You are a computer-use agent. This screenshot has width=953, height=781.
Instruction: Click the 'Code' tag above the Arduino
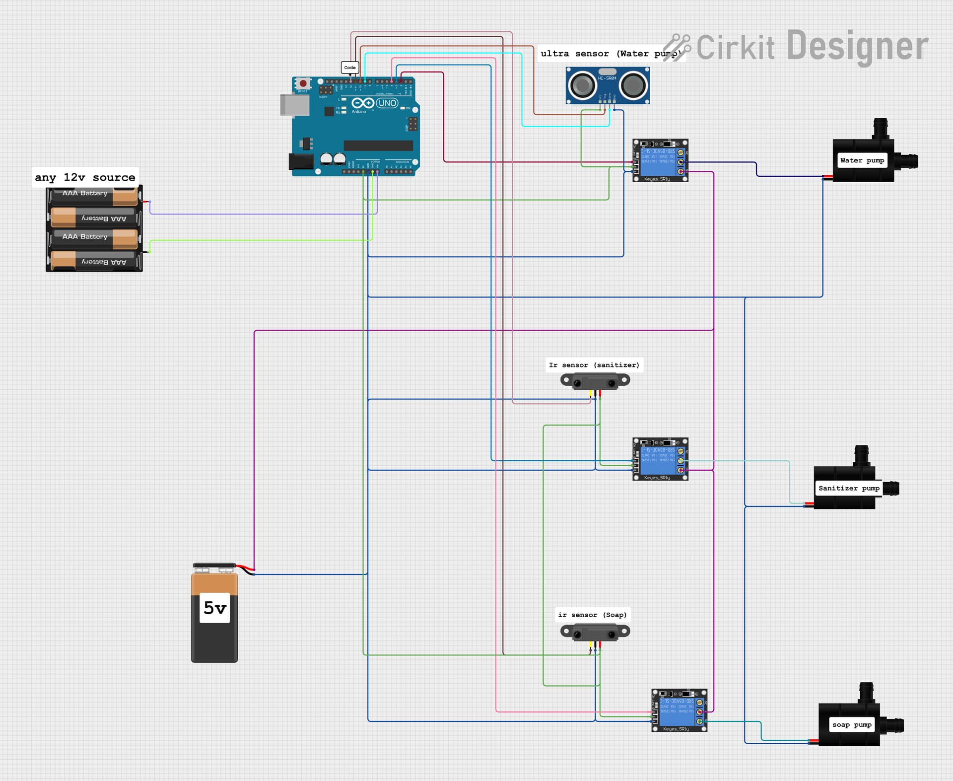pyautogui.click(x=350, y=68)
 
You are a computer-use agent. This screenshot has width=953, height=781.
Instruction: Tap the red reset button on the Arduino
pyautogui.click(x=303, y=83)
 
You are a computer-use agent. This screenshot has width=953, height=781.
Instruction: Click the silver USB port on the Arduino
pyautogui.click(x=294, y=105)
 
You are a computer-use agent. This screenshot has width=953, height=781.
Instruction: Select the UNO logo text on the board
pyautogui.click(x=387, y=103)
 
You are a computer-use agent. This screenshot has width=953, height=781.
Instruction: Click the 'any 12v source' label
pyautogui.click(x=85, y=177)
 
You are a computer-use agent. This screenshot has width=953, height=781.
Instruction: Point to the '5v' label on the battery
pyautogui.click(x=215, y=608)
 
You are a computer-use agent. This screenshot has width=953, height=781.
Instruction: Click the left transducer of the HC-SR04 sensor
pyautogui.click(x=582, y=86)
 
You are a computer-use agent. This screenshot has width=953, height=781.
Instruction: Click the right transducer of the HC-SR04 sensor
pyautogui.click(x=633, y=86)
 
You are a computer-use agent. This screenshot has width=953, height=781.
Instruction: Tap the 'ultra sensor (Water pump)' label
pyautogui.click(x=611, y=54)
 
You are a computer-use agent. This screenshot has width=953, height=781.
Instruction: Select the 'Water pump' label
pyautogui.click(x=862, y=160)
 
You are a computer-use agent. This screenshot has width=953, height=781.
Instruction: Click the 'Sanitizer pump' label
pyautogui.click(x=849, y=488)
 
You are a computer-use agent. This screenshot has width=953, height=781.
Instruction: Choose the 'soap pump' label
pyautogui.click(x=852, y=724)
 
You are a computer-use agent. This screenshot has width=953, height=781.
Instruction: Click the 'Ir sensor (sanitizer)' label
pyautogui.click(x=594, y=365)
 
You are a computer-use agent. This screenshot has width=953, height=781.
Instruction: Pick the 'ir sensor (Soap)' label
pyautogui.click(x=592, y=615)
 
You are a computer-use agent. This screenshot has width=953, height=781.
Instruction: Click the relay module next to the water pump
pyautogui.click(x=660, y=160)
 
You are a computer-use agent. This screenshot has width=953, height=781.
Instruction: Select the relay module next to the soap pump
pyautogui.click(x=679, y=710)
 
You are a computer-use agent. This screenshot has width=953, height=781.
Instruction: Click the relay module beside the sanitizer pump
pyautogui.click(x=660, y=459)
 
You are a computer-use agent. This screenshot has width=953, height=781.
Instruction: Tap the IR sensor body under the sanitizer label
pyautogui.click(x=595, y=382)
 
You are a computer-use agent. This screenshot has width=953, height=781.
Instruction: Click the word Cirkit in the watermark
pyautogui.click(x=735, y=48)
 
